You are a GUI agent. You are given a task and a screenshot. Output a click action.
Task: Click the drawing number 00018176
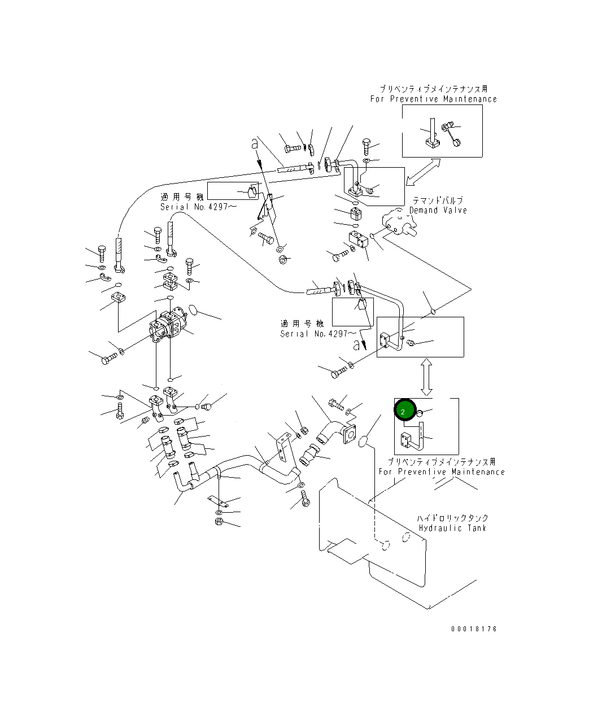[474, 628]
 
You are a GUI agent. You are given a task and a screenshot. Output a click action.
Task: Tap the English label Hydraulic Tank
[453, 528]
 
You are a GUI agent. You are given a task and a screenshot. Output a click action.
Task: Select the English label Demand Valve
[438, 210]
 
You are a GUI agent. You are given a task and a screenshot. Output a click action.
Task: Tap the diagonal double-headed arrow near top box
[423, 171]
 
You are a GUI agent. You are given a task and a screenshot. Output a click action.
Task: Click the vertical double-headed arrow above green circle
[426, 376]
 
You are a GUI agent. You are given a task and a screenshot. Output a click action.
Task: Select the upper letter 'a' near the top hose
[255, 145]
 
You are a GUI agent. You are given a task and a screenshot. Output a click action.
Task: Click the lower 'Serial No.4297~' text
[314, 334]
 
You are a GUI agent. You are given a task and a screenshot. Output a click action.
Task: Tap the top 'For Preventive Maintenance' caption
[433, 99]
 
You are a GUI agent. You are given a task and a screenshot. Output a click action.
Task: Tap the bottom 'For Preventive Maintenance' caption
[441, 471]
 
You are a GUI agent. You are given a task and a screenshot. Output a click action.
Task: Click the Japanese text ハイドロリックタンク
[452, 518]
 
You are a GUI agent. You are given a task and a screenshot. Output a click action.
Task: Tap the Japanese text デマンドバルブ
[438, 200]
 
